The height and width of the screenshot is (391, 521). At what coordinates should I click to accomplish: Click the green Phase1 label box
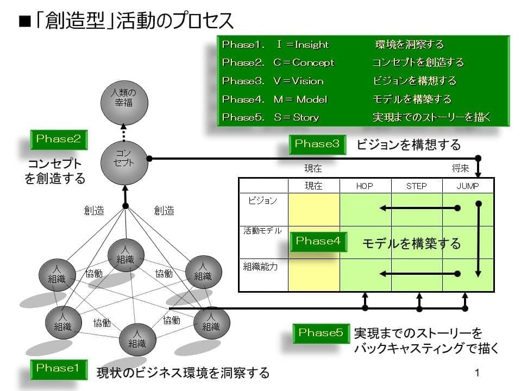(58, 368)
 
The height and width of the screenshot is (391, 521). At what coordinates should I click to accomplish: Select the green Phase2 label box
(58, 139)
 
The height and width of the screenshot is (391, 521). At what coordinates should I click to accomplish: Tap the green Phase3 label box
(317, 144)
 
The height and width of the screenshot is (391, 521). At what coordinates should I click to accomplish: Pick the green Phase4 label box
(318, 241)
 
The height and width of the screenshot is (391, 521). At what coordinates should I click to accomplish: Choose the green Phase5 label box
(321, 332)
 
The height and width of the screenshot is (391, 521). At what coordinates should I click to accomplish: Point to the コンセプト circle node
(124, 159)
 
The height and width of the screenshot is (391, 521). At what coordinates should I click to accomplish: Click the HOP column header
(365, 186)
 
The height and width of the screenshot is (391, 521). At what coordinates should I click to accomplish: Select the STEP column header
(416, 186)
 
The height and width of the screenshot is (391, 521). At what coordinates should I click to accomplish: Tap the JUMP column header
(468, 186)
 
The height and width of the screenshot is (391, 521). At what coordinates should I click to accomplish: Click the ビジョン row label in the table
(262, 201)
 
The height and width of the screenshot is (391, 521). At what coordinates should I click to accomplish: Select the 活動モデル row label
(262, 231)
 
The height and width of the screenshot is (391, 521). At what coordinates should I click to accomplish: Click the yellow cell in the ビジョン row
(314, 210)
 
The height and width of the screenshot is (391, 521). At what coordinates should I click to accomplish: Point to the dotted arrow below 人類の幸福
(124, 131)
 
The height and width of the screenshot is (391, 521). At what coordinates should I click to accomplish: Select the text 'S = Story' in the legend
(296, 117)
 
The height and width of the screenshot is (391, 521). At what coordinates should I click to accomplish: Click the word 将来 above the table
(461, 168)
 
